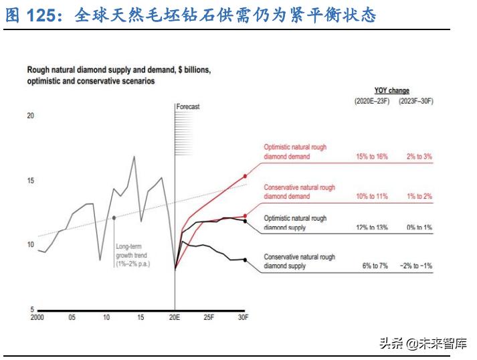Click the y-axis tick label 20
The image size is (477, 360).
(30, 116)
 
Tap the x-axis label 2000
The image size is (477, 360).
(38, 317)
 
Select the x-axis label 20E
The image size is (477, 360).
(175, 317)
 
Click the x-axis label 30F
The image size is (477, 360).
(244, 317)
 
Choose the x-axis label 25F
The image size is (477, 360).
(209, 317)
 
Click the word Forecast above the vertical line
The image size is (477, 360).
(188, 106)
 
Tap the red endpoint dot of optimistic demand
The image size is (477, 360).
(246, 175)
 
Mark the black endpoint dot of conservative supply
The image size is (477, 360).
(246, 260)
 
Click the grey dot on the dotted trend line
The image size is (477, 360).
(114, 217)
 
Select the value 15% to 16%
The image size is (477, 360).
(372, 157)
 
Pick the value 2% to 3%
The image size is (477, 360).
(419, 157)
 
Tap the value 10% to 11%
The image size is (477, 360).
(372, 197)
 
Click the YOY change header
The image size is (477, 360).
(392, 90)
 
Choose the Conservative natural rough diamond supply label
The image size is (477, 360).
(299, 262)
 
